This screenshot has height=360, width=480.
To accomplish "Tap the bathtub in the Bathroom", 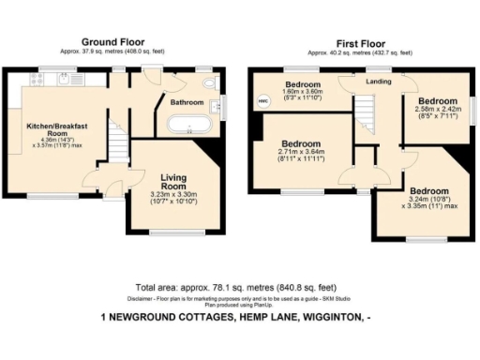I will (190, 123).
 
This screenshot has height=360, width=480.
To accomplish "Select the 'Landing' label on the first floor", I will (379, 82).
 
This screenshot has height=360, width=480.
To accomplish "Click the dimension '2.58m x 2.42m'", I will (437, 110).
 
